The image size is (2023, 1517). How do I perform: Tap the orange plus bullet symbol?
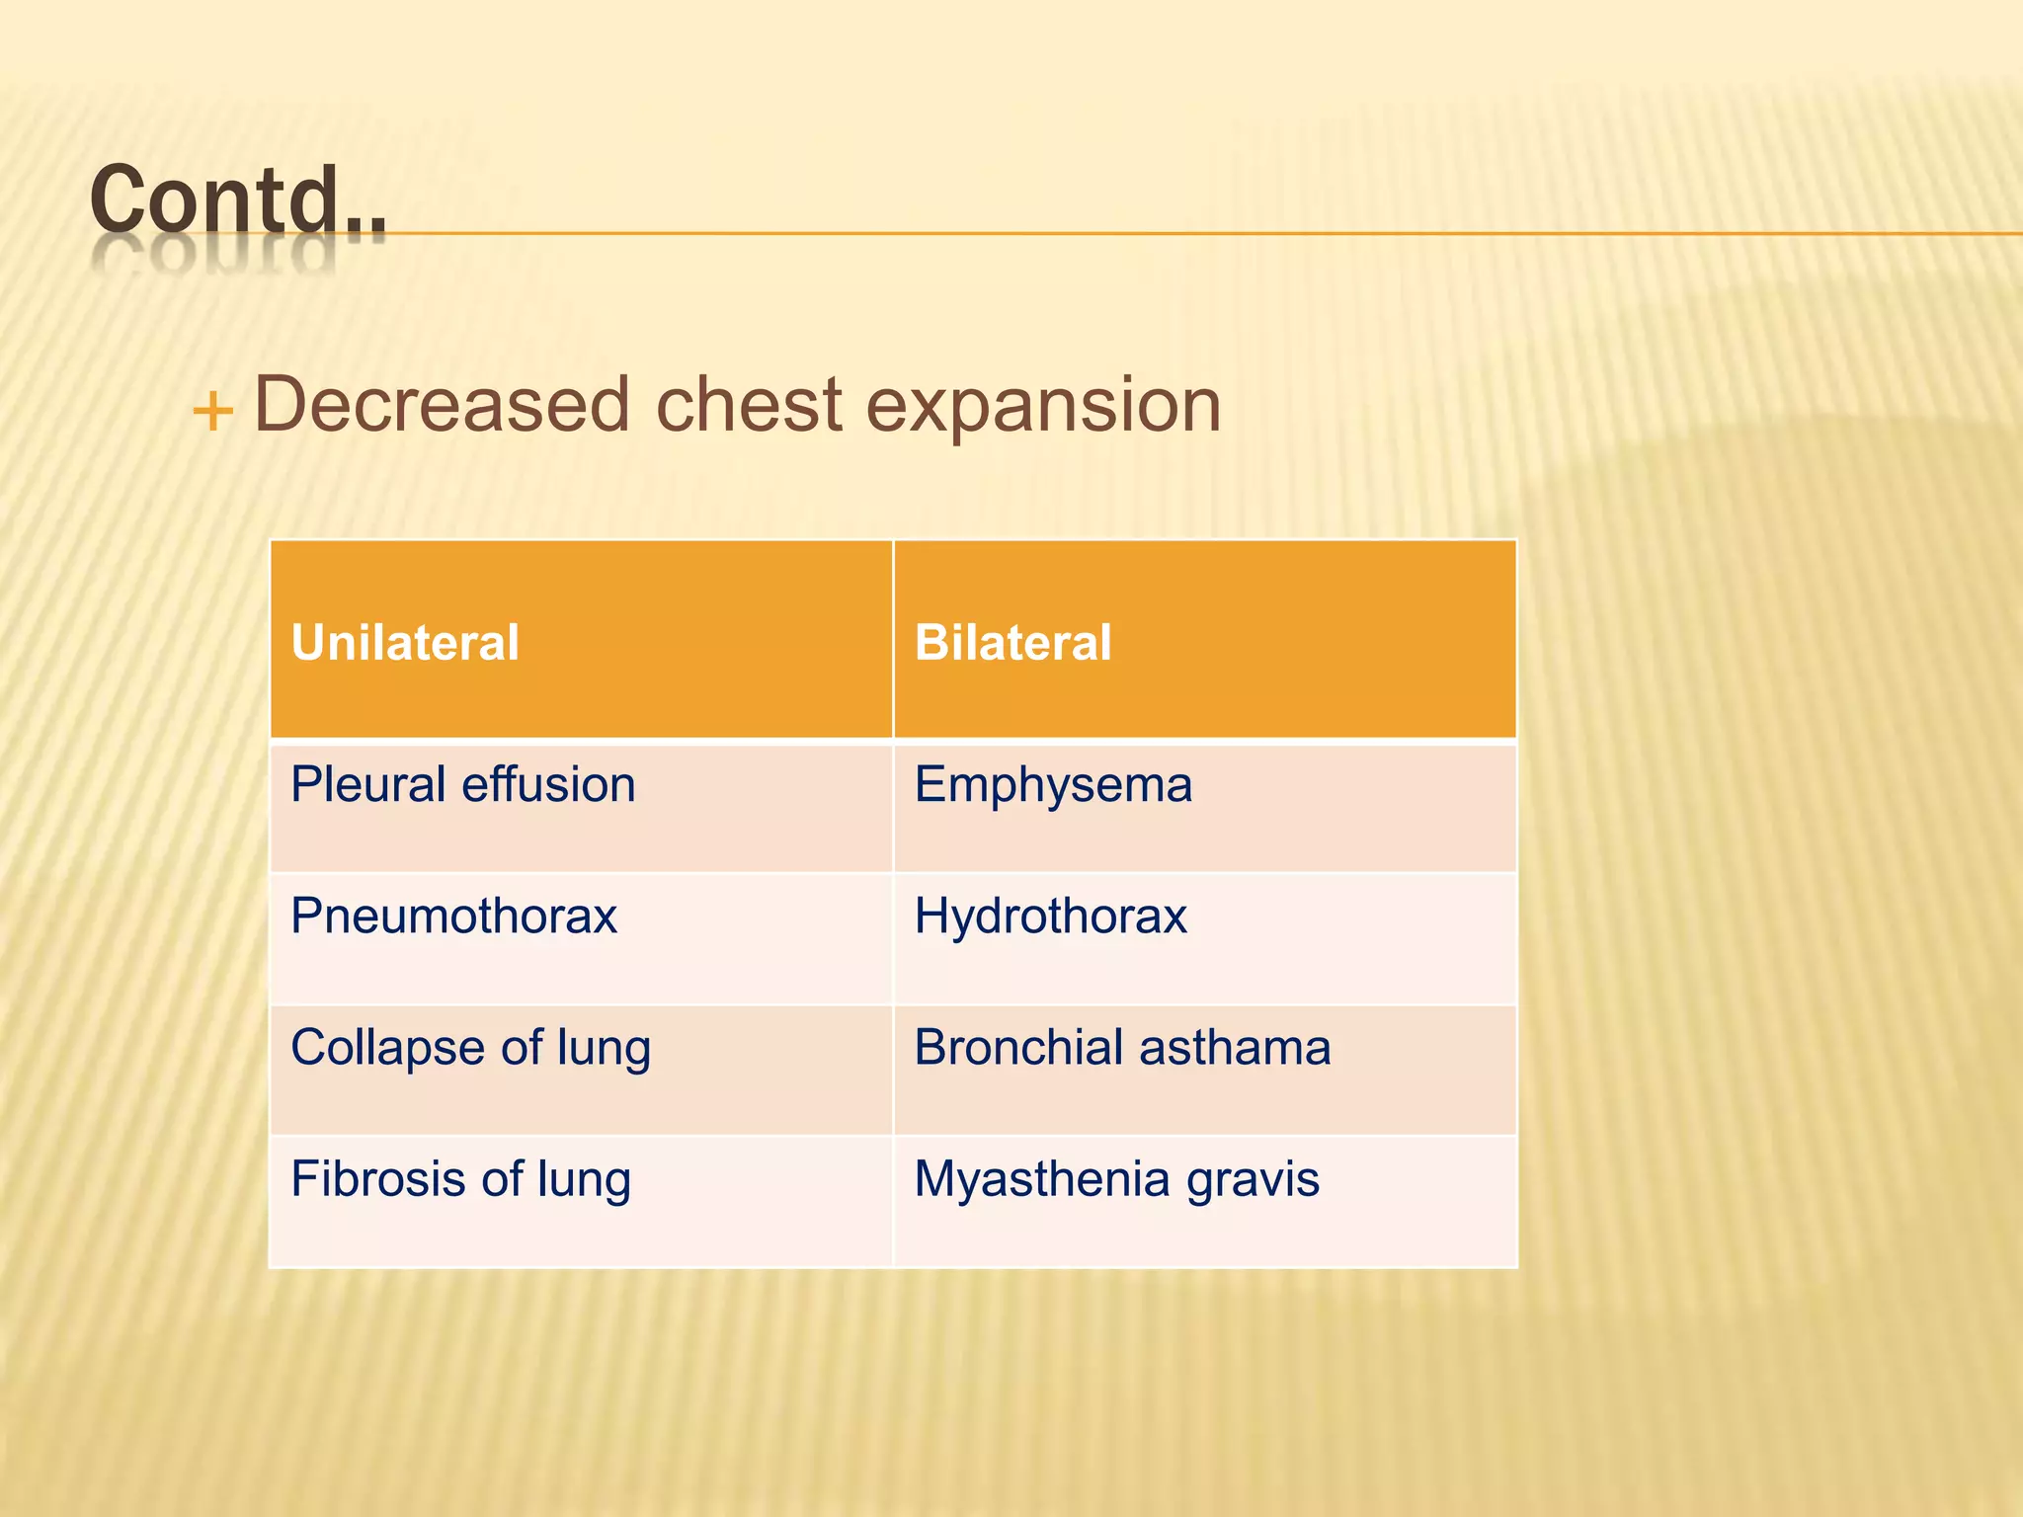click(212, 411)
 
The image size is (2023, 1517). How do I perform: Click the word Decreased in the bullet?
click(442, 404)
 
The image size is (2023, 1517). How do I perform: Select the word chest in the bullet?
click(749, 404)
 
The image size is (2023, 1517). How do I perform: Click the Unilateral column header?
click(405, 643)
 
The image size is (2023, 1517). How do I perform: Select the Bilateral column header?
click(1012, 643)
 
